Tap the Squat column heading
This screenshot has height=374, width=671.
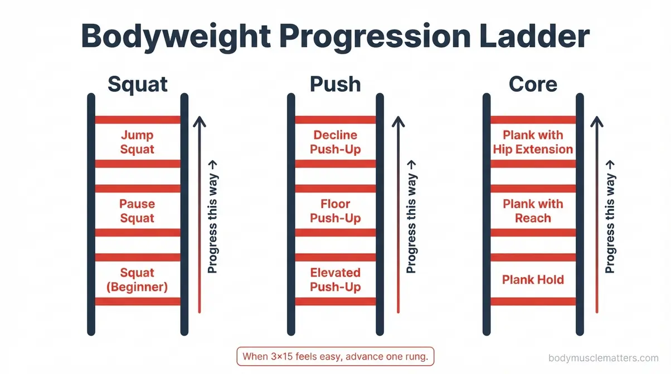(x=137, y=84)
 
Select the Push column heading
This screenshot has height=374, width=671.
(x=335, y=84)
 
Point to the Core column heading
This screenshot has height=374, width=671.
(x=533, y=84)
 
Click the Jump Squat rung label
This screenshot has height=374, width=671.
(x=137, y=142)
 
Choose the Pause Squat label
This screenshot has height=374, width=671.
(x=137, y=211)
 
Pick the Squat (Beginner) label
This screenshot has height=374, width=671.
(x=137, y=280)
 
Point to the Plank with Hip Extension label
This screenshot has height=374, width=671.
(x=533, y=142)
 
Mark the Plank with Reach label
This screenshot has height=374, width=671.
(x=533, y=211)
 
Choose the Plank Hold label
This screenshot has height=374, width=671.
(x=533, y=279)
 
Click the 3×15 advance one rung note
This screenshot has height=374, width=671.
(x=335, y=356)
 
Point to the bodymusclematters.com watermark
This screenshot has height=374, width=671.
(x=604, y=358)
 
